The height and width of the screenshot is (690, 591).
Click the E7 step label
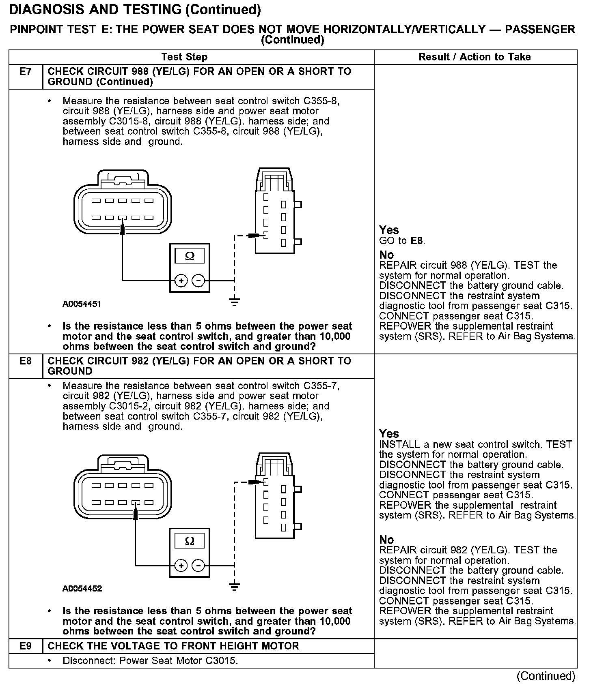[26, 72]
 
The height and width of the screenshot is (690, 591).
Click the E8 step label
[26, 361]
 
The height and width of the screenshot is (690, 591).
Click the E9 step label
[26, 646]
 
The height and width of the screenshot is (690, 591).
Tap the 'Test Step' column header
[184, 57]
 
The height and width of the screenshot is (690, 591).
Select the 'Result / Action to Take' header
[475, 57]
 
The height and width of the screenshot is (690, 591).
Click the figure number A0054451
[82, 304]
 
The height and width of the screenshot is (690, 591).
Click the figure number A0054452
[82, 589]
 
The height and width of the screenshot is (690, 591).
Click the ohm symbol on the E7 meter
[190, 256]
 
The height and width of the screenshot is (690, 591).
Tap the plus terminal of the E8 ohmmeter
[181, 565]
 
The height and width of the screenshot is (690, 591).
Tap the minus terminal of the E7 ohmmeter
[198, 280]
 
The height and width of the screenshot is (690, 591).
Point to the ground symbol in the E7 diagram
[234, 302]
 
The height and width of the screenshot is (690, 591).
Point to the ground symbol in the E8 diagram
[234, 587]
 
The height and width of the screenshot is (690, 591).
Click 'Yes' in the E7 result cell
[389, 230]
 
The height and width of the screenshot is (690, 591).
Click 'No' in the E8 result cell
[386, 540]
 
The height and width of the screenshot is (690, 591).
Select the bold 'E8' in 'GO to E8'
[417, 241]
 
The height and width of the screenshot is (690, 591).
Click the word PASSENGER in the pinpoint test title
[540, 30]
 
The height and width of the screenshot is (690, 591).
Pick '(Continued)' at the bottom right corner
[546, 676]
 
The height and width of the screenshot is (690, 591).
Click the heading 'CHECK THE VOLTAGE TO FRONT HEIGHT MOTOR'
[173, 646]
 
